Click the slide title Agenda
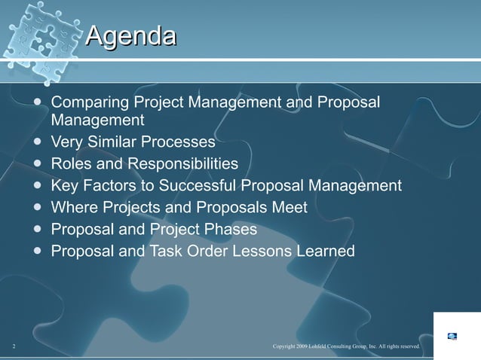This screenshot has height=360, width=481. (x=131, y=35)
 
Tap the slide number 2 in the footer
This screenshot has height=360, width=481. (x=14, y=346)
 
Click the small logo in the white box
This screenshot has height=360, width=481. (x=452, y=336)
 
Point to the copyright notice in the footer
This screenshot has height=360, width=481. (x=346, y=346)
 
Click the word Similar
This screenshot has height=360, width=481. (x=116, y=142)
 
